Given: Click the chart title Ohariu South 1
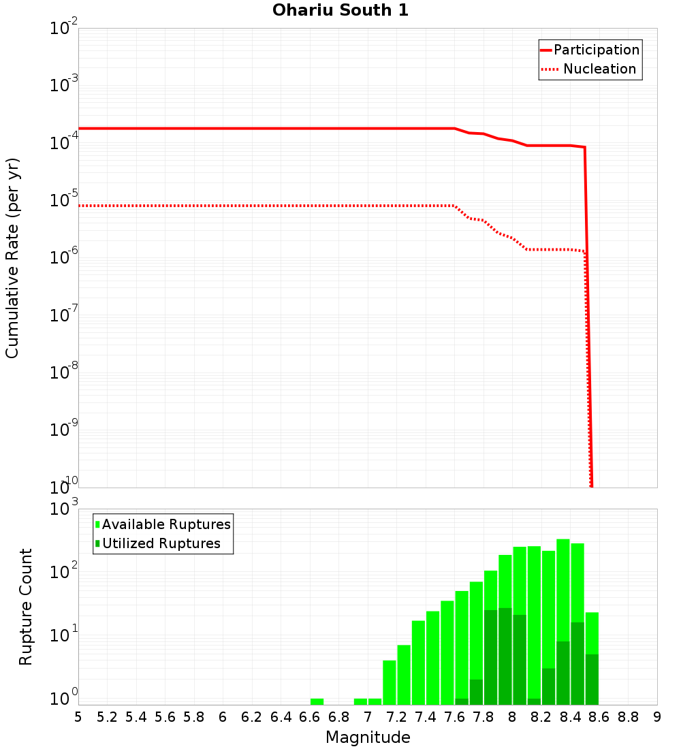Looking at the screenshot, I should (x=340, y=11).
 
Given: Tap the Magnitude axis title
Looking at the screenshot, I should (x=368, y=737).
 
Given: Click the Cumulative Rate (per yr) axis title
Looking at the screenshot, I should (x=12, y=258).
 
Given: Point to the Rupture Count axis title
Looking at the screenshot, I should (x=26, y=607).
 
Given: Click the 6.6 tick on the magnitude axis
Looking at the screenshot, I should (x=310, y=717).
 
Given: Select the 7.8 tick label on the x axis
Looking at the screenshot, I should (x=484, y=717).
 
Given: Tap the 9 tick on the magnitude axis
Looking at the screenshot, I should (x=657, y=717).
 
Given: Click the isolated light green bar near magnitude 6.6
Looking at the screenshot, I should (x=317, y=701).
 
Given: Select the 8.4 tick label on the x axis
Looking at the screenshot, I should (x=571, y=717).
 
